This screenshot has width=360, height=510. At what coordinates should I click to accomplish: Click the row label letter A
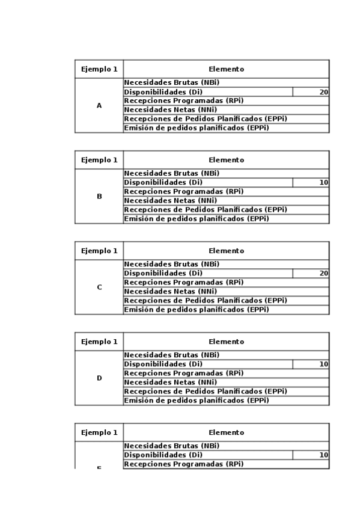pyautogui.click(x=99, y=106)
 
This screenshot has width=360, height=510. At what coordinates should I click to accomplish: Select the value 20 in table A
pyautogui.click(x=323, y=92)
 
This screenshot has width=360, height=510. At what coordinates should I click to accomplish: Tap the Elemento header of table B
pyautogui.click(x=226, y=160)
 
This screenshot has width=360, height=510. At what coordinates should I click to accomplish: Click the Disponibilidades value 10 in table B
pyautogui.click(x=323, y=183)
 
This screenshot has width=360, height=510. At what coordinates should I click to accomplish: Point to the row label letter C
pyautogui.click(x=99, y=287)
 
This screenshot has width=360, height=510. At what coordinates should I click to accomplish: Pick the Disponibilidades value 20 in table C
pyautogui.click(x=323, y=274)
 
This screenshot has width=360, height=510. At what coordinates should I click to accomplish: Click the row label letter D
pyautogui.click(x=99, y=378)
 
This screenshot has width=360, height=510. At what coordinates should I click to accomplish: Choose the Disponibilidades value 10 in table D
pyautogui.click(x=323, y=364)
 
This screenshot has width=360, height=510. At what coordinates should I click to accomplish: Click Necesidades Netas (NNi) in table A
pyautogui.click(x=170, y=110)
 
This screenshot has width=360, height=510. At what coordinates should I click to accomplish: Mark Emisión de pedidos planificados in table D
pyautogui.click(x=196, y=401)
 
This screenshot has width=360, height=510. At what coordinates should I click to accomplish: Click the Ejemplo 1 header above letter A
pyautogui.click(x=99, y=69)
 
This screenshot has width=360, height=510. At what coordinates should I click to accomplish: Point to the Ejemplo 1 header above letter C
pyautogui.click(x=99, y=251)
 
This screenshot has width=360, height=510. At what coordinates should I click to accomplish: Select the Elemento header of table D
pyautogui.click(x=226, y=342)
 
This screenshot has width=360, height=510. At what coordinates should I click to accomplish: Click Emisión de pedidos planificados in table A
pyautogui.click(x=196, y=128)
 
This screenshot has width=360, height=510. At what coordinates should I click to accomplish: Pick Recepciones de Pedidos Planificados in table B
pyautogui.click(x=205, y=210)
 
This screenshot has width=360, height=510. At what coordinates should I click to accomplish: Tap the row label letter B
pyautogui.click(x=99, y=197)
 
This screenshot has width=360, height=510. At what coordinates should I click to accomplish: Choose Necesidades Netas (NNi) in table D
pyautogui.click(x=170, y=382)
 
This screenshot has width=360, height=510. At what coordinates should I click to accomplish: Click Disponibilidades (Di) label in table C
pyautogui.click(x=163, y=274)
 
